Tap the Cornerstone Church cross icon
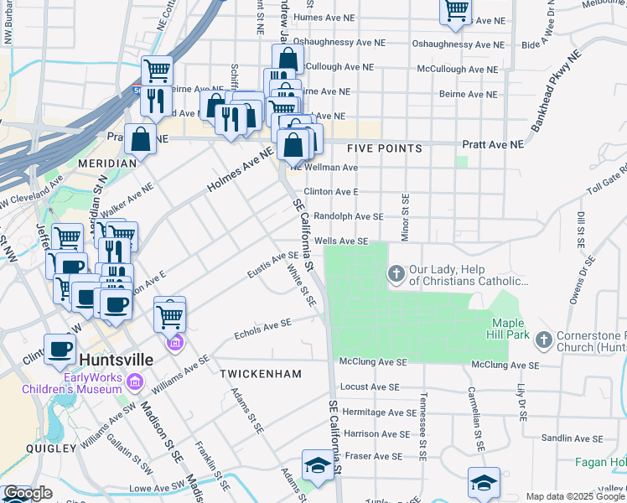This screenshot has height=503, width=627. [x=543, y=340]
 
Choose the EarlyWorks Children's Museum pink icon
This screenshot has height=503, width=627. [x=135, y=382]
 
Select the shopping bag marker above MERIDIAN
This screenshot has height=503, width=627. [x=141, y=140]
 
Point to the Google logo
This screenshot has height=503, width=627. [x=28, y=494]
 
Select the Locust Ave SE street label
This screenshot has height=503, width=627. [x=380, y=387]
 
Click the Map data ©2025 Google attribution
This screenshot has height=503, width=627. [x=576, y=496]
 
